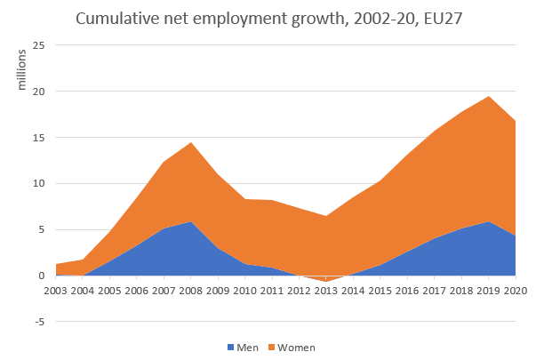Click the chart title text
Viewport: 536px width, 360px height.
point(268,18)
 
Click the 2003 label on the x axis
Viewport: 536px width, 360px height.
point(56,289)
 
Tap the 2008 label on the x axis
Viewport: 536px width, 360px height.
point(190,289)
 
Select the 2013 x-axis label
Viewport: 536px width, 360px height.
point(326,289)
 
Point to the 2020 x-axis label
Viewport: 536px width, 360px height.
point(516,289)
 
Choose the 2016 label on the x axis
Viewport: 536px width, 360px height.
point(407,289)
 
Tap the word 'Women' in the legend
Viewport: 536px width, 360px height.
point(298,347)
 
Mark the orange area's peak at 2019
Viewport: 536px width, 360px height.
point(488,97)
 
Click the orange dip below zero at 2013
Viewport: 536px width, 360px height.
point(326,279)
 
